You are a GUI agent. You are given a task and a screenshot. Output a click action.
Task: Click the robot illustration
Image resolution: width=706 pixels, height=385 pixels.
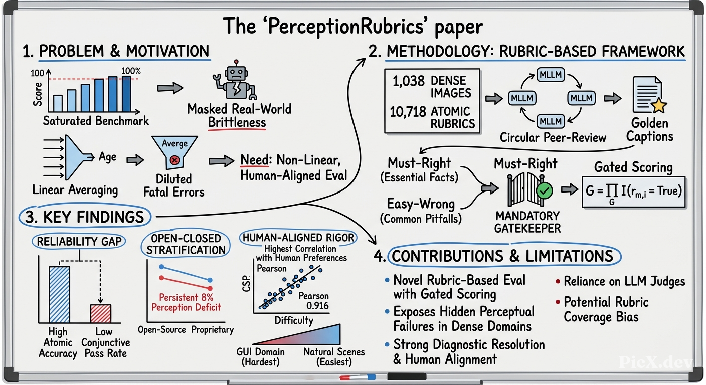coord(235,80)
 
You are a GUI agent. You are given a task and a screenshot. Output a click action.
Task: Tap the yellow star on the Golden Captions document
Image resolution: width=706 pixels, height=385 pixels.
coord(658,106)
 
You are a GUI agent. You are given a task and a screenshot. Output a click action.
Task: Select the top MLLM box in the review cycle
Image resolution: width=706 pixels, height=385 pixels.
coord(550,75)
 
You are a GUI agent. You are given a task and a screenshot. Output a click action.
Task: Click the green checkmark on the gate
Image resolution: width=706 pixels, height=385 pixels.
coord(545,190)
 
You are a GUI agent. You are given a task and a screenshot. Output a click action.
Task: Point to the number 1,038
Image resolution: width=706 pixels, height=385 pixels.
coord(408,81)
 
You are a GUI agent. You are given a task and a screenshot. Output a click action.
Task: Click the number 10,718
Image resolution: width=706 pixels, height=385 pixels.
coord(408,112)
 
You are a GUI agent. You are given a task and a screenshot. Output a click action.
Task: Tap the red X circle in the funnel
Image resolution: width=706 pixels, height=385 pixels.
coord(174,160)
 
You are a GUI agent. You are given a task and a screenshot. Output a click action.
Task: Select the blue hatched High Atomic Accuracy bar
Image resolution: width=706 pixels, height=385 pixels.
coord(59,295)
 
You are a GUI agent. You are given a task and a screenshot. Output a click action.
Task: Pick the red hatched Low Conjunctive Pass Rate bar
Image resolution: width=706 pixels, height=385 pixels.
coord(101,313)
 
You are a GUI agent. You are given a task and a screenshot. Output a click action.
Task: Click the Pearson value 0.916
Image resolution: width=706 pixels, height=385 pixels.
coord(317,306)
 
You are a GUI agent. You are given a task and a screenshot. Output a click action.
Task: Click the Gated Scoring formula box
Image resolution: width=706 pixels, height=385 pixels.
coord(633,191)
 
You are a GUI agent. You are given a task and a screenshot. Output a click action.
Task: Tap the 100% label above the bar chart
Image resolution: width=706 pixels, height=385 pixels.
coord(131,71)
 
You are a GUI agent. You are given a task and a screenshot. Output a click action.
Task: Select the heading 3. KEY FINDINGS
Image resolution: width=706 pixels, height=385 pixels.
coord(84,217)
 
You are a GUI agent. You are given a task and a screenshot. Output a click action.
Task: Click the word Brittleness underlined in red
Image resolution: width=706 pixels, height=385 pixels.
coord(237,122)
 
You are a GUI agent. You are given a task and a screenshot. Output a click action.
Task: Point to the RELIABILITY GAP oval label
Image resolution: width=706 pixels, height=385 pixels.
coord(79,241)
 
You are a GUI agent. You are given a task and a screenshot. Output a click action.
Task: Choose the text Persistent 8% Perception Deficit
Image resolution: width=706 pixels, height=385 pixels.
coord(186,302)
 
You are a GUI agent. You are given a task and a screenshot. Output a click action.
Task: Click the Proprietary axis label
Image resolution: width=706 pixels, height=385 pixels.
coord(213,330)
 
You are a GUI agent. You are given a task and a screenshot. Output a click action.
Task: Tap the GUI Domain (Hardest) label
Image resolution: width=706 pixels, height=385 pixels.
coord(260,356)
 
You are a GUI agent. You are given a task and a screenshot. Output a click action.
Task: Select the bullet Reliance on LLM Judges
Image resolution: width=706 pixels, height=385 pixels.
coord(620,281)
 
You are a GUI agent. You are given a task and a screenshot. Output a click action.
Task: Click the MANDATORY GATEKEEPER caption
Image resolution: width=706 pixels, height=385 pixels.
coord(527,222)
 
